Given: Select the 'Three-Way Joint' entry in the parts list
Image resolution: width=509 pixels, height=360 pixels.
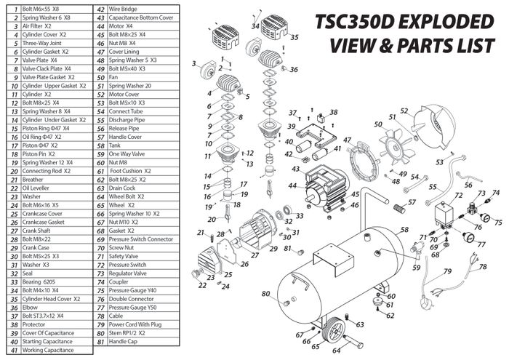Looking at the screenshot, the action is tap(41, 43).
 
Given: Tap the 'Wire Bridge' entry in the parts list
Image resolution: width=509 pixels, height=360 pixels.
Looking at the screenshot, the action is tap(123, 9).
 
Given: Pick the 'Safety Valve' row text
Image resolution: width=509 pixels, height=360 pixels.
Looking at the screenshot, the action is tap(124, 257).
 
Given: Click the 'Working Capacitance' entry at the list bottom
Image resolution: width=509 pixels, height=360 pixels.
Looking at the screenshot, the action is tap(48, 351).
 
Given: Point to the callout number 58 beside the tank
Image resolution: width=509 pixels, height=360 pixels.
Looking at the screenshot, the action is tap(404, 230).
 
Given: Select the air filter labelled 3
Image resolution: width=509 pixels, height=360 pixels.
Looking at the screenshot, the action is tap(207, 71).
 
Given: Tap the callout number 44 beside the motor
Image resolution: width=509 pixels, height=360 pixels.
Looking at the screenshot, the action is tap(292, 186).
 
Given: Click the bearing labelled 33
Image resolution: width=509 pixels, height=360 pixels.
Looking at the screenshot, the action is tap(288, 209).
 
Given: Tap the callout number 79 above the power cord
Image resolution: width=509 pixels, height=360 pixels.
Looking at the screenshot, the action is tap(447, 271).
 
